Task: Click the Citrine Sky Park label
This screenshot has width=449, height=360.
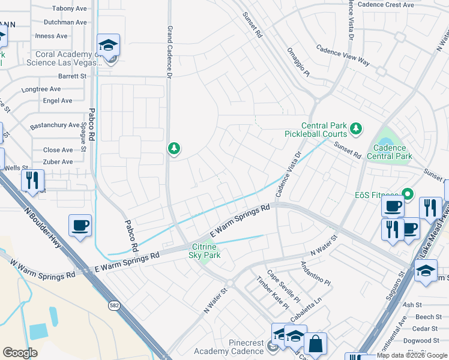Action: pyautogui.click(x=206, y=251)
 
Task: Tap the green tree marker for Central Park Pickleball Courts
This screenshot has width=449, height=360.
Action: pyautogui.click(x=356, y=127)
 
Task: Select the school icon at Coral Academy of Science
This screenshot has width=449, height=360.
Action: pyautogui.click(x=109, y=46)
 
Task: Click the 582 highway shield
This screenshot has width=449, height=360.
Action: pyautogui.click(x=113, y=306)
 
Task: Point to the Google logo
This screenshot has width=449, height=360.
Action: pyautogui.click(x=20, y=353)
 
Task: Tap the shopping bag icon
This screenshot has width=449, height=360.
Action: pyautogui.click(x=315, y=344)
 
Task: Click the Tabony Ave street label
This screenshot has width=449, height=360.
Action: pyautogui.click(x=70, y=8)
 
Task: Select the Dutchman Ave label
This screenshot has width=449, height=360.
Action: pyautogui.click(x=65, y=22)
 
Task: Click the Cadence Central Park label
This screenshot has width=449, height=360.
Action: pyautogui.click(x=393, y=152)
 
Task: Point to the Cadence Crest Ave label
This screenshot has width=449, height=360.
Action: pyautogui.click(x=385, y=5)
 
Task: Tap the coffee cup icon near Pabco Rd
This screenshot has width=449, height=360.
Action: pyautogui.click(x=80, y=226)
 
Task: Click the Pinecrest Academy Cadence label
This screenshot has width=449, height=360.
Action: pyautogui.click(x=229, y=347)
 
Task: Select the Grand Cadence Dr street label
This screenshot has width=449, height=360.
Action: pyautogui.click(x=169, y=52)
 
